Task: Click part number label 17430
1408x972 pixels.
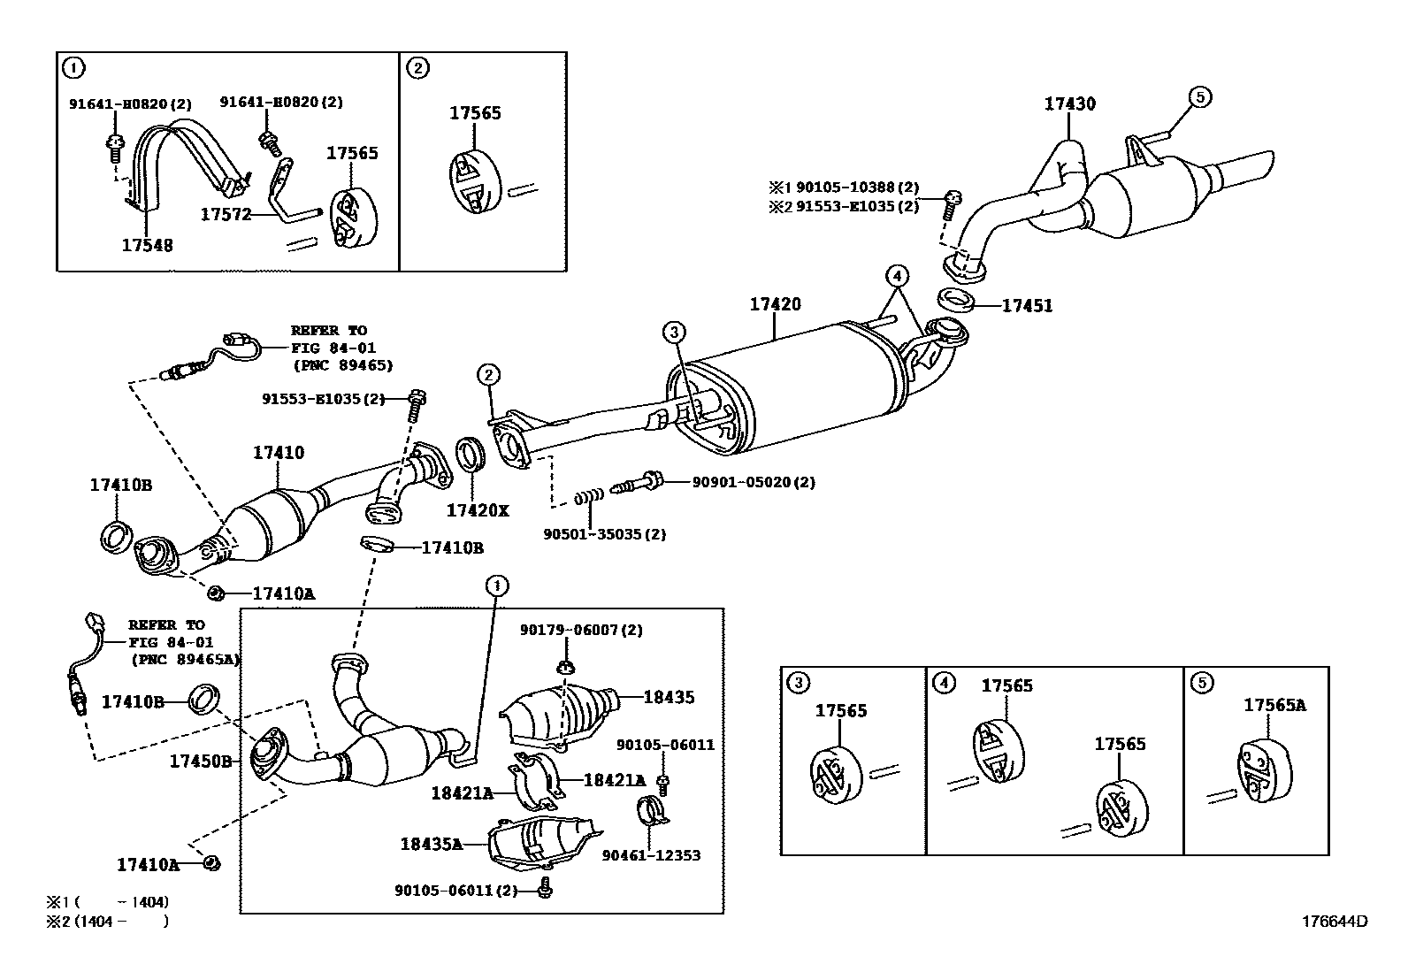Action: click(x=1069, y=104)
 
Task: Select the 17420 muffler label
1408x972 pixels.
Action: click(x=775, y=305)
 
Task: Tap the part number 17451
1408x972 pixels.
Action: click(x=1027, y=306)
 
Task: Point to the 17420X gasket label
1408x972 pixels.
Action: click(x=478, y=510)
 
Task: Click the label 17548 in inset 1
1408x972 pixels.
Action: click(x=147, y=245)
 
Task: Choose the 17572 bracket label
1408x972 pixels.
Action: click(x=226, y=214)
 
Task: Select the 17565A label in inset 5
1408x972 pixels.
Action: click(x=1274, y=705)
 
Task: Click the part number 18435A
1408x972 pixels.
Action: click(x=431, y=844)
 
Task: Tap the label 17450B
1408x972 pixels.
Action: click(x=201, y=761)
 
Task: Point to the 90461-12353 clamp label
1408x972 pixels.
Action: click(x=651, y=855)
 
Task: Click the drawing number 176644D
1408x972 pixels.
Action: click(x=1334, y=921)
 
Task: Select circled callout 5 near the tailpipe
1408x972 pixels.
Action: click(x=1199, y=97)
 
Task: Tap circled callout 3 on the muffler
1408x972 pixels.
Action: click(x=674, y=333)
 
